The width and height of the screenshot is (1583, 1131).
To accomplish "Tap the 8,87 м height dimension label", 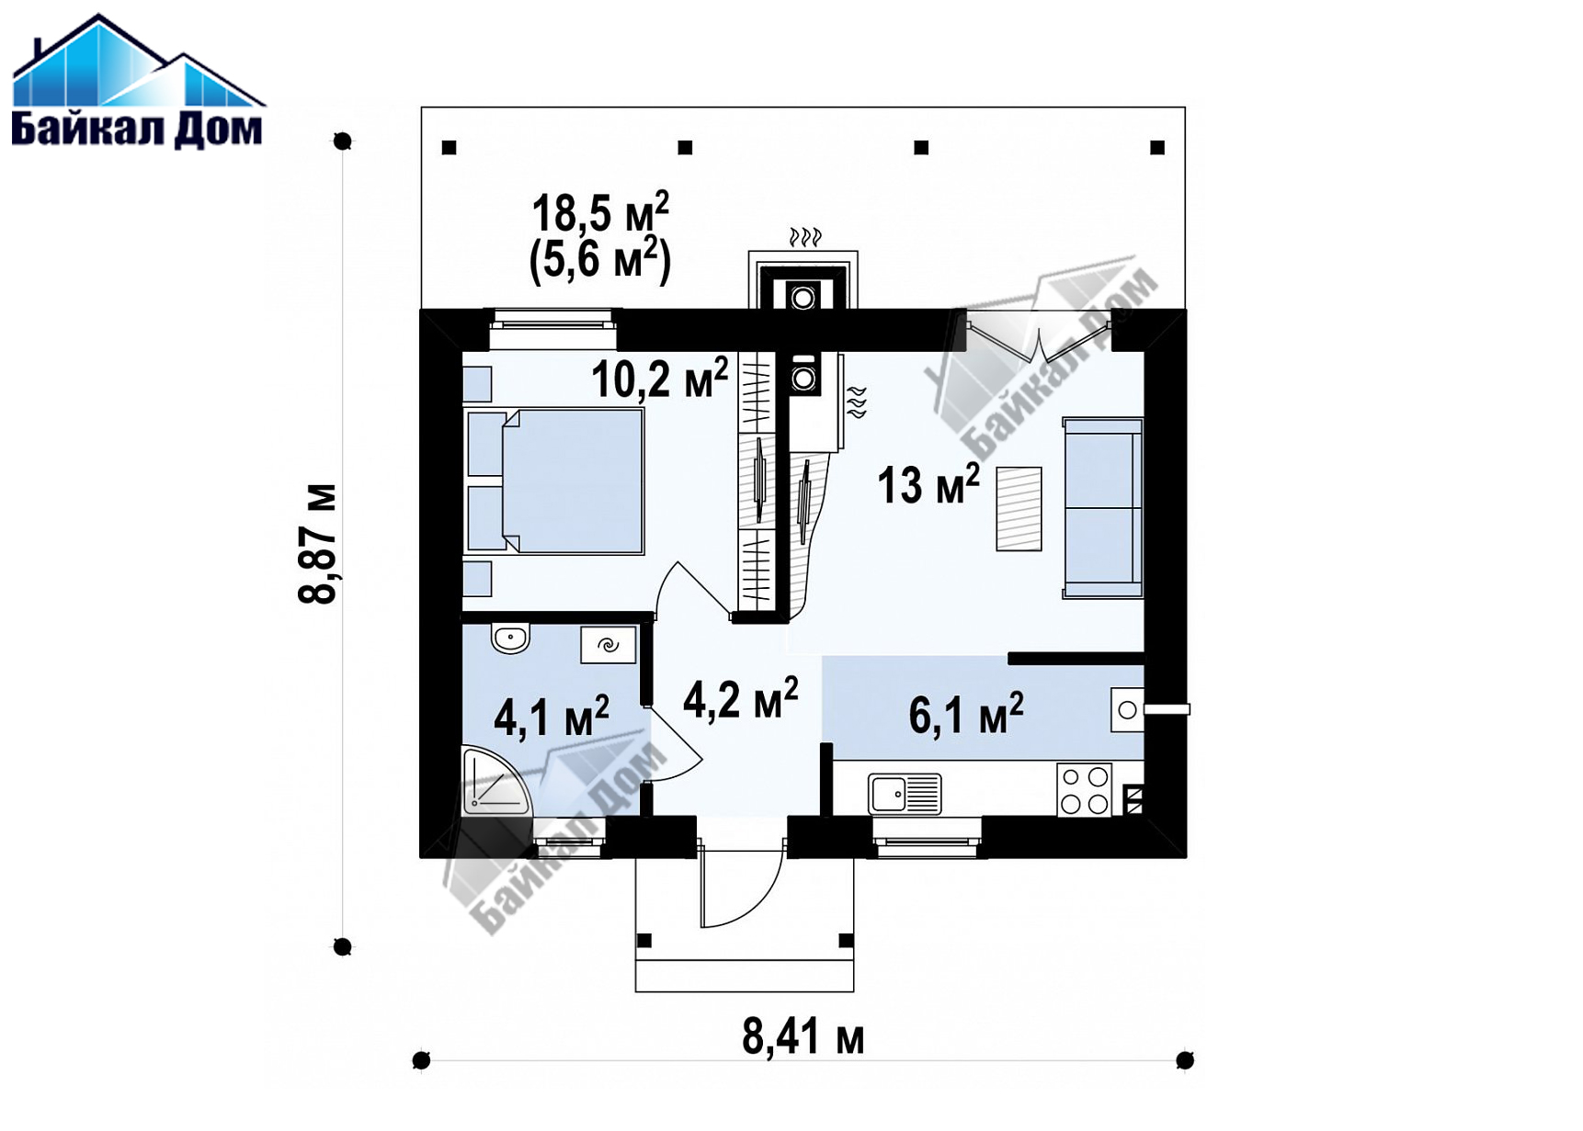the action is coord(318,544).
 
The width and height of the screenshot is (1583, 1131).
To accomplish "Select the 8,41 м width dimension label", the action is coord(803,1037).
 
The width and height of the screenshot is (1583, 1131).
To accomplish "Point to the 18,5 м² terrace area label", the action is coord(600,213).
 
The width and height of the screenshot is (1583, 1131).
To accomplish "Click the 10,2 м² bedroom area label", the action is coord(659,378).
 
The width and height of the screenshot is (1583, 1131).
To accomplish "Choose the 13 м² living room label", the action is coord(928,484).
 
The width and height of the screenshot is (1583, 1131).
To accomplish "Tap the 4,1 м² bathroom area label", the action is coord(552,717).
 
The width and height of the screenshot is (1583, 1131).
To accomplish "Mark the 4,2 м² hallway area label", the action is coord(740,699).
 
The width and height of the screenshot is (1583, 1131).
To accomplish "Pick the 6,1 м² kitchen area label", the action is coord(966,714).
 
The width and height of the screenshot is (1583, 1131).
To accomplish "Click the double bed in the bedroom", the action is coord(555,481).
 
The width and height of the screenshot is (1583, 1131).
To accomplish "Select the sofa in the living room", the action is coord(1103,508).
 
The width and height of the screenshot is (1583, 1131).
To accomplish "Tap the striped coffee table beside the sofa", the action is coord(1019,509).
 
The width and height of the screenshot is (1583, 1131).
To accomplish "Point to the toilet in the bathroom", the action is coord(509,638).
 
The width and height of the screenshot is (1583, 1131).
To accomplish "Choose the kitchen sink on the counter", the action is coord(905,793).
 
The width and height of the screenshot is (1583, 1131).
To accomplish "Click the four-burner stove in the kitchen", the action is coord(1084,790).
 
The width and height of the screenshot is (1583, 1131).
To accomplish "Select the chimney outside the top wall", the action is coord(803,279).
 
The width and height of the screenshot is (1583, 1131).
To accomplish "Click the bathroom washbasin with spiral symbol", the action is coord(608,645).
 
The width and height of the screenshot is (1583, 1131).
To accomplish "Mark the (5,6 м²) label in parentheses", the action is coord(600,260).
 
